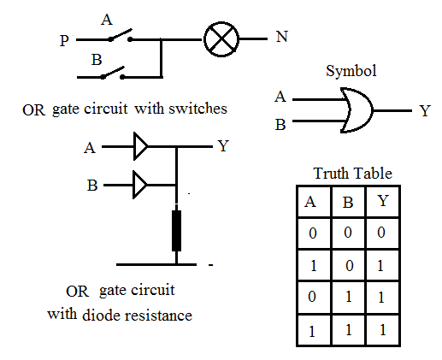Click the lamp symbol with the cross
[x=221, y=39]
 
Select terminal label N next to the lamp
[x=281, y=38]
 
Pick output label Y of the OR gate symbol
[x=424, y=111]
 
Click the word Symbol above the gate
[x=351, y=71]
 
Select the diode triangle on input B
[x=140, y=185]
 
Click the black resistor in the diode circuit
[x=176, y=230]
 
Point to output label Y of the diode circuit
[x=223, y=146]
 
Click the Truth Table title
[x=352, y=174]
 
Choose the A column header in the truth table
[x=313, y=203]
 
